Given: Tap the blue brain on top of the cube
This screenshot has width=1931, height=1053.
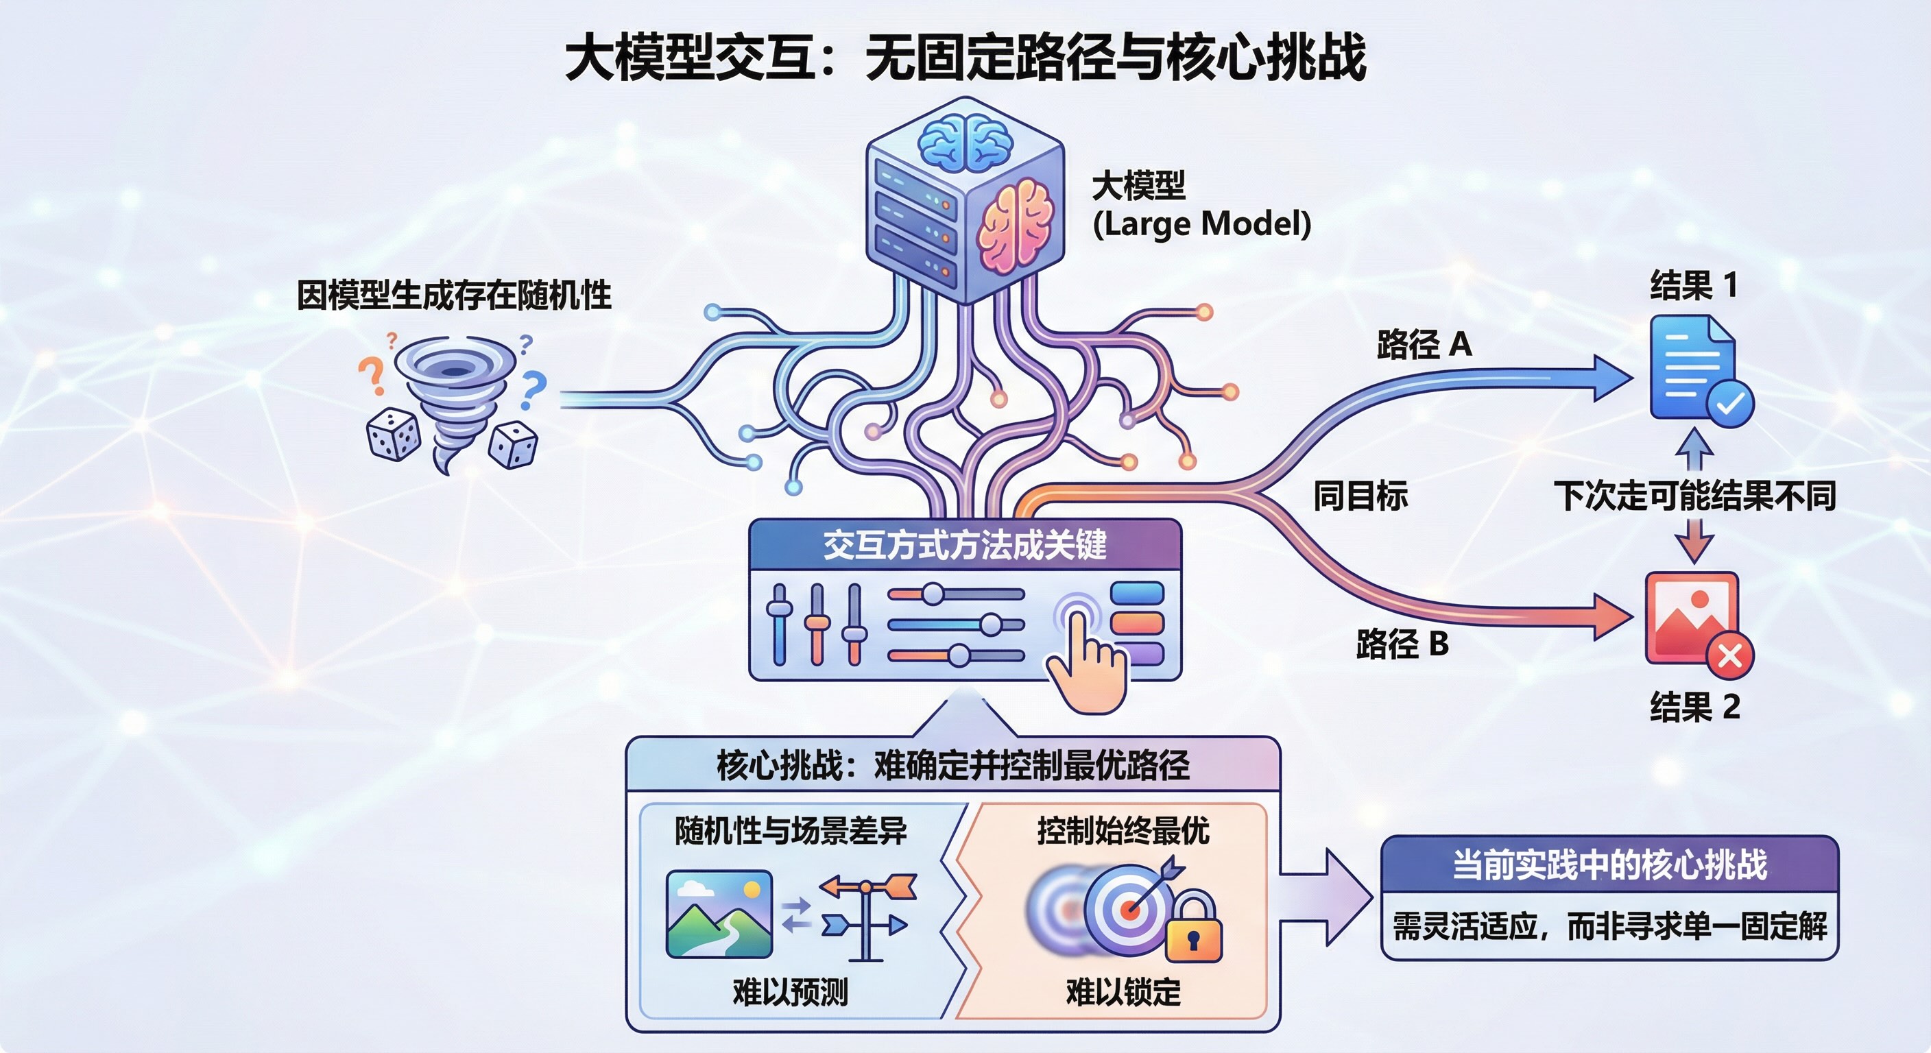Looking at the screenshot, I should coord(965,143).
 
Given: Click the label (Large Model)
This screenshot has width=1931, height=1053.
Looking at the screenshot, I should coord(1201,223).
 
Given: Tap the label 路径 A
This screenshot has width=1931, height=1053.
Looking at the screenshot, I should coord(1424,345).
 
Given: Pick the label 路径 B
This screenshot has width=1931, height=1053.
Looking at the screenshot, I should coord(1402,644).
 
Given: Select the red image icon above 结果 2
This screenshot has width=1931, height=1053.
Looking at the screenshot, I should coord(1691,616).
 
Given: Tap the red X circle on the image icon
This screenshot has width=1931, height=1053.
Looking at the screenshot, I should coord(1730,657).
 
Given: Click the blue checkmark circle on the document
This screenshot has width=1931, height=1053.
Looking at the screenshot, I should coord(1730,404).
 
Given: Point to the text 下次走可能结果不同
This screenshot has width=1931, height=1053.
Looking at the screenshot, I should coord(1694,496).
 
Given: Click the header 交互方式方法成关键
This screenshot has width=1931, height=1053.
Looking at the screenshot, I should coord(965,545).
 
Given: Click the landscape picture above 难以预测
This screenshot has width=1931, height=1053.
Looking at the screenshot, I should coord(719,914).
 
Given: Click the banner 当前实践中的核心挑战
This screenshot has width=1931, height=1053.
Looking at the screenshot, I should coord(1609,864).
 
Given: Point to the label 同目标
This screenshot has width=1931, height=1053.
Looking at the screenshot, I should coord(1360,496).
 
